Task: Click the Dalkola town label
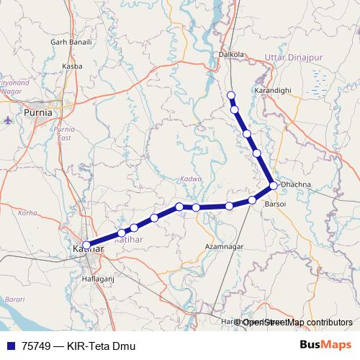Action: (x=231, y=53)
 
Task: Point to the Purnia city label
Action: (x=38, y=112)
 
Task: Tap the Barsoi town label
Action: (x=276, y=204)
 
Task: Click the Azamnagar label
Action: (x=225, y=246)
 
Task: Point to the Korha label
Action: (x=27, y=213)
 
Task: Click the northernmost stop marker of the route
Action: (x=231, y=95)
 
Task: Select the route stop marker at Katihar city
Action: (x=86, y=245)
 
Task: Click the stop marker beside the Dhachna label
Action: (x=274, y=186)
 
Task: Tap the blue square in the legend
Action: (x=10, y=346)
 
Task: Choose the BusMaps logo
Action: (x=325, y=346)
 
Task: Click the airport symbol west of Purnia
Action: (x=7, y=120)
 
